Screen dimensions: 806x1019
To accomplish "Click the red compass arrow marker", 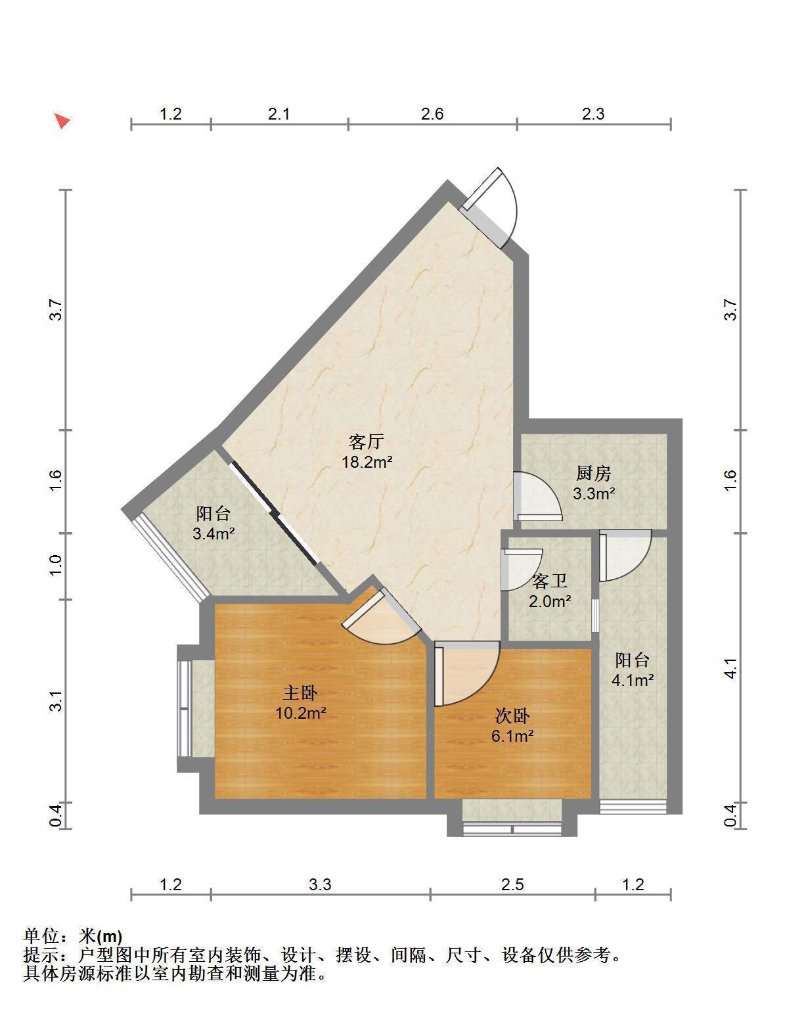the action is point(62,122).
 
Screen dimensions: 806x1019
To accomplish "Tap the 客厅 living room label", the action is point(366,442).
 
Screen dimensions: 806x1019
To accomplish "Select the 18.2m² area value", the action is point(367,462).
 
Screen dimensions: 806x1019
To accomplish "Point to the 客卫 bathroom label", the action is point(550,581).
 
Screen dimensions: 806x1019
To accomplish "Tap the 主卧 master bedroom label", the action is point(300,692).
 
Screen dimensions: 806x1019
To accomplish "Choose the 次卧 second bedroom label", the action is point(512,716).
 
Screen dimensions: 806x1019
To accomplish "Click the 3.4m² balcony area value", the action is point(214,534).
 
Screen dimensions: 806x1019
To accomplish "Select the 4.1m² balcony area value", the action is point(633,681).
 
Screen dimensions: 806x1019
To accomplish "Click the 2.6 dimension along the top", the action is point(432,114).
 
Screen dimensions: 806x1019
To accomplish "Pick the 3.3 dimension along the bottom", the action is point(320,884).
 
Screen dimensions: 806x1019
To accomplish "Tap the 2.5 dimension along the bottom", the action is point(513,884).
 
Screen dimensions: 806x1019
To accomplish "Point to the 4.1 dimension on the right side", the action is point(731,668).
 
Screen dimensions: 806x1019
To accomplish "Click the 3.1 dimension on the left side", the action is point(56,701).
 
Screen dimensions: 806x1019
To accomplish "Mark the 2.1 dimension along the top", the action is point(279,114).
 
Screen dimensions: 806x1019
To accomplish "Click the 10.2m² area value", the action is point(301,713).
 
